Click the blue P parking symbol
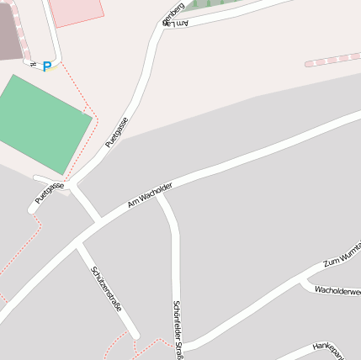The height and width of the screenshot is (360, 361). point(47,66)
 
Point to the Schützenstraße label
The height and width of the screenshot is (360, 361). point(106,289)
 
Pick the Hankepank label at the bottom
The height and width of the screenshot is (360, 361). point(329,347)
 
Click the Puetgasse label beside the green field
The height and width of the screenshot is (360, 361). point(117,133)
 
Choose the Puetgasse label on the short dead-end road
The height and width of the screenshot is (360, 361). point(50,193)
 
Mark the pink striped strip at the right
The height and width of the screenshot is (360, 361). point(332,58)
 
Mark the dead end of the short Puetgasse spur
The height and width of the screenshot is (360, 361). point(35,208)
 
